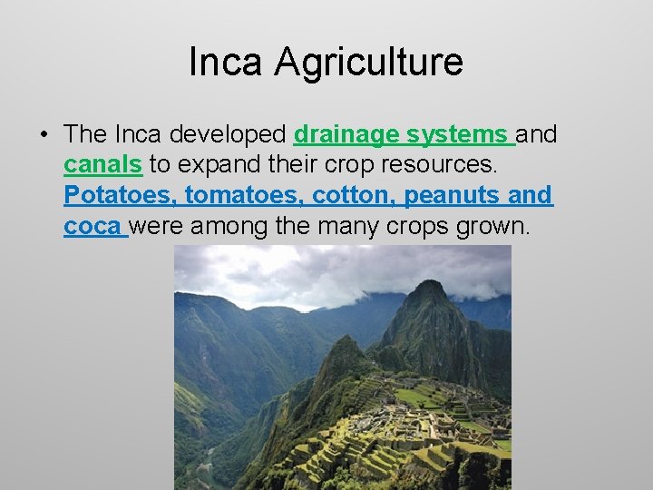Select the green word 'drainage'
(x=346, y=135)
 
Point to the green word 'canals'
(x=102, y=165)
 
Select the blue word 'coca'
(x=92, y=225)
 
